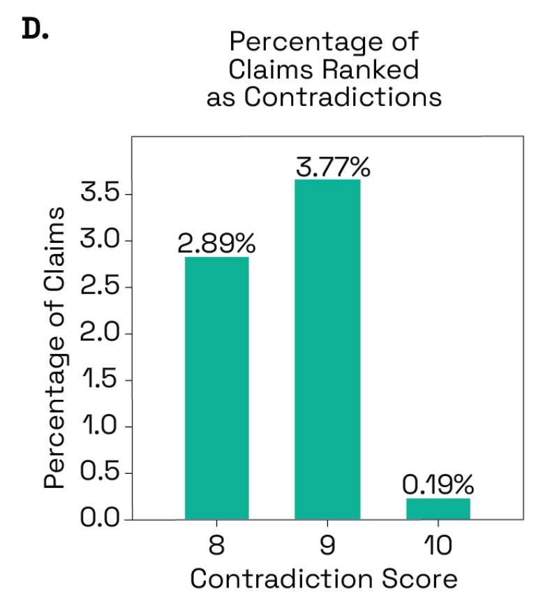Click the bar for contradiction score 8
click(x=216, y=388)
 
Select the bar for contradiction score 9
click(x=327, y=349)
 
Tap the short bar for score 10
click(x=438, y=509)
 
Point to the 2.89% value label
click(x=216, y=244)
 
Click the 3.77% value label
click(x=332, y=167)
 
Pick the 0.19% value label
click(x=438, y=484)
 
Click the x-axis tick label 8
click(x=216, y=545)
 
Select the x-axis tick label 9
click(x=327, y=545)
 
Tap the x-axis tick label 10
click(x=438, y=545)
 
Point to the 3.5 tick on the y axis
click(x=102, y=193)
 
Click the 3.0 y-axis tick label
click(x=102, y=241)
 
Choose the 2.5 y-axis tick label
click(x=102, y=287)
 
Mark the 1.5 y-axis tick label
click(x=102, y=380)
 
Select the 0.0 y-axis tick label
click(x=102, y=519)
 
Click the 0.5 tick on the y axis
click(x=102, y=473)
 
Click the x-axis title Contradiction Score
click(x=324, y=579)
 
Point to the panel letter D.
click(x=35, y=30)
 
